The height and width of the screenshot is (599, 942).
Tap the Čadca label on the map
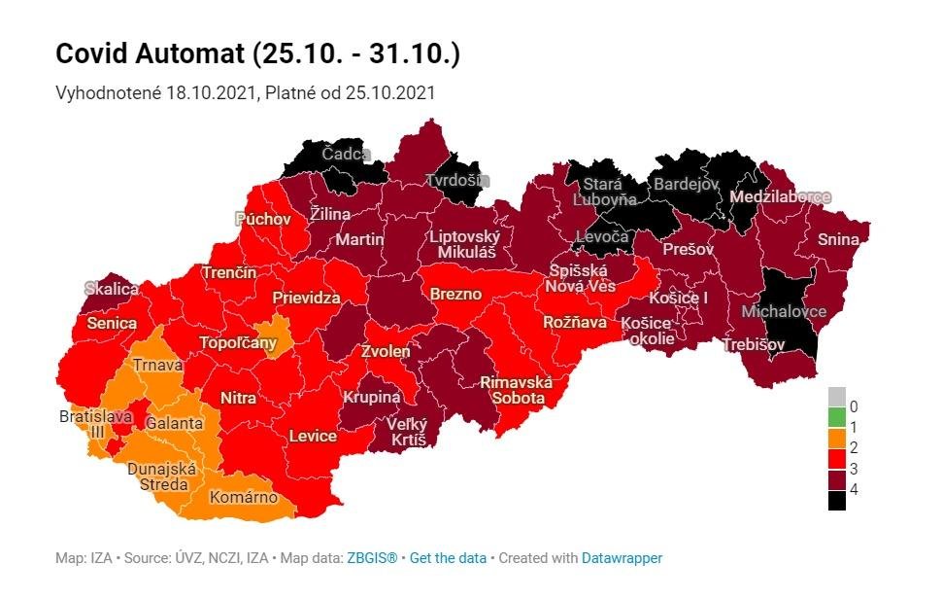point(346,156)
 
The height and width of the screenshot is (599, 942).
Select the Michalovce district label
point(783,311)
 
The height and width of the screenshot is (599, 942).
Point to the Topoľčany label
point(238,342)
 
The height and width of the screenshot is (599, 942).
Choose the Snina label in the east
point(837,239)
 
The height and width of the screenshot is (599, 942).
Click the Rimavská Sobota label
point(516,390)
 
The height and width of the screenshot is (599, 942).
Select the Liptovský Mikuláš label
point(466,244)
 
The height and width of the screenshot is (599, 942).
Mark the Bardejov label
point(685,183)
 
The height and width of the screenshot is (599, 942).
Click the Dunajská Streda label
point(162,476)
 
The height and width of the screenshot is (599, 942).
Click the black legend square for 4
point(836,501)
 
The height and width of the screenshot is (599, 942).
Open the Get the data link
point(448,558)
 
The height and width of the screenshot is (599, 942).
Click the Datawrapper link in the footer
point(622,558)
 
